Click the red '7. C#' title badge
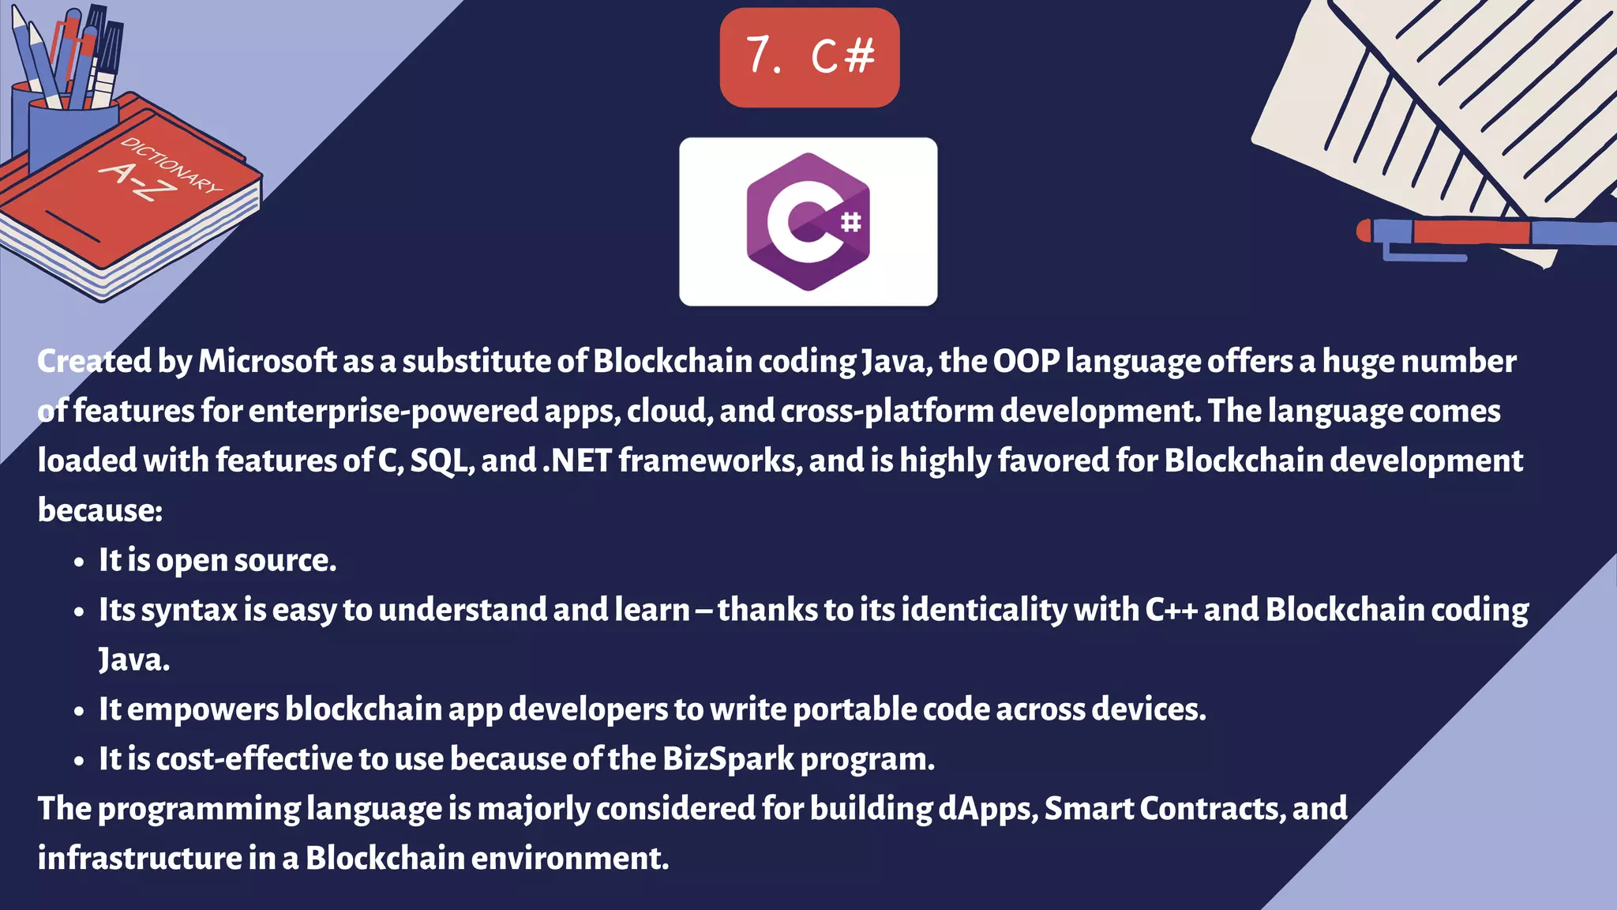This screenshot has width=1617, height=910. point(809,57)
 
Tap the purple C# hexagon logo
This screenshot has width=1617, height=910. point(807,221)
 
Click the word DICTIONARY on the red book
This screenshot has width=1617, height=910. point(171,164)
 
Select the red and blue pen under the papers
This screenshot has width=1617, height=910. point(1484,233)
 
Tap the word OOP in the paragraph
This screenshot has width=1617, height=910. point(1026,362)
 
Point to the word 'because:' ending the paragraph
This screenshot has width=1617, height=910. point(100,511)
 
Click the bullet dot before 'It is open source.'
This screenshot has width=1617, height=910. point(78,562)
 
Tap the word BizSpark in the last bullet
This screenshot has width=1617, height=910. point(728,760)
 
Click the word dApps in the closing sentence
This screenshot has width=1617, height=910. point(987,810)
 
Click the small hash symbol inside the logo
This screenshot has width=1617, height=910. point(850,222)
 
